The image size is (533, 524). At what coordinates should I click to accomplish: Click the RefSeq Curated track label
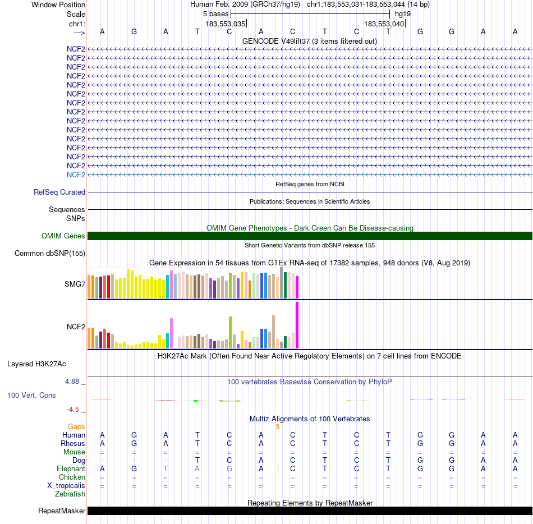pyautogui.click(x=59, y=192)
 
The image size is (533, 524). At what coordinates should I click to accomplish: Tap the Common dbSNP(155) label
pyautogui.click(x=50, y=253)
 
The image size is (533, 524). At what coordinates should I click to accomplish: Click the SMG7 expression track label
pyautogui.click(x=75, y=284)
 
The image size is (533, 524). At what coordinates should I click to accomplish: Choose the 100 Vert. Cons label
pyautogui.click(x=31, y=395)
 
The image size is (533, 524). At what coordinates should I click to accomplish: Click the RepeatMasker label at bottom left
pyautogui.click(x=62, y=511)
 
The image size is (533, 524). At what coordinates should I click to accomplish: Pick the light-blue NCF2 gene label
pyautogui.click(x=76, y=174)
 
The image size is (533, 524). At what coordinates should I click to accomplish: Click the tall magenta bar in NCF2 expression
pyautogui.click(x=297, y=325)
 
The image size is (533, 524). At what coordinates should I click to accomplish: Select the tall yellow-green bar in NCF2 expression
pyautogui.click(x=230, y=332)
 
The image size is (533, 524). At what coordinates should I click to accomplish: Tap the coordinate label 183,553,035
pyautogui.click(x=226, y=24)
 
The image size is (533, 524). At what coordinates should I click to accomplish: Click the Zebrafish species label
pyautogui.click(x=70, y=494)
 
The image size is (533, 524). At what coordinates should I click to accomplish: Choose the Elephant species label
pyautogui.click(x=71, y=468)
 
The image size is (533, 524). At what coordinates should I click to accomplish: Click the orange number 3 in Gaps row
pyautogui.click(x=277, y=426)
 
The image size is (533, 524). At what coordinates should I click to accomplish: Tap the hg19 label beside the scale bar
pyautogui.click(x=403, y=13)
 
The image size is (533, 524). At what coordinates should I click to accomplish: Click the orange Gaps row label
pyautogui.click(x=76, y=426)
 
